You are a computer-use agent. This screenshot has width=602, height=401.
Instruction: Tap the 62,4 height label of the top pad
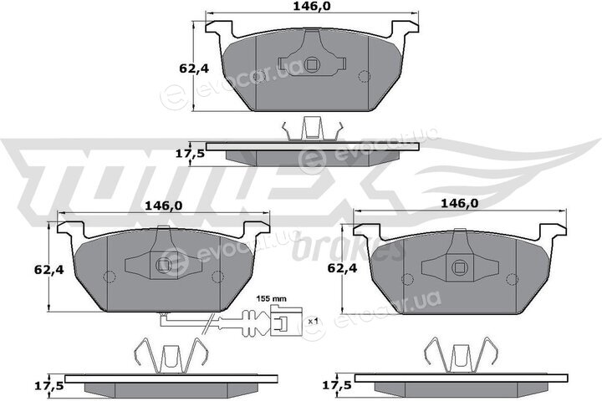(194, 69)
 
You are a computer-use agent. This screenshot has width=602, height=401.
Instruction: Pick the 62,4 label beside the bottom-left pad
(48, 270)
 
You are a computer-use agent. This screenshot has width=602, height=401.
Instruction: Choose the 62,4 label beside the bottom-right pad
(342, 268)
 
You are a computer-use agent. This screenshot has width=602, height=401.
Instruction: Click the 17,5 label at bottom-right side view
(338, 386)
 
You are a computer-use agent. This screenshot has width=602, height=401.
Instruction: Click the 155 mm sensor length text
(272, 298)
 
